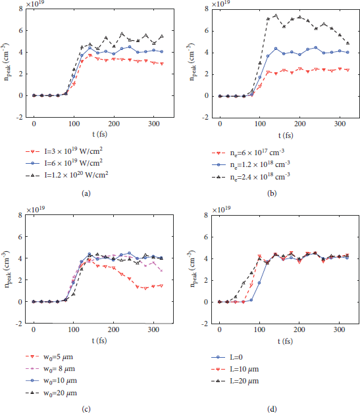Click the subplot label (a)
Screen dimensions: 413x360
tap(86, 193)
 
